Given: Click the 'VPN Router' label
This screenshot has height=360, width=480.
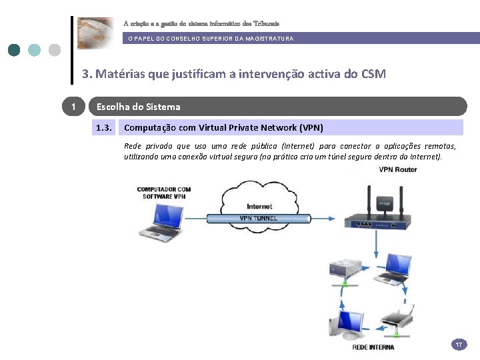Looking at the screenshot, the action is pos(398,169).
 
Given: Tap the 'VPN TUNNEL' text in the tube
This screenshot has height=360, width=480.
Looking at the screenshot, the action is pos(259,218).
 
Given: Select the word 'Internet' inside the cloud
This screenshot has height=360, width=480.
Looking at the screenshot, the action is pos(259,206).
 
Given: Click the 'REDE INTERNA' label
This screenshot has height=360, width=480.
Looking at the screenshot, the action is pos(373,347).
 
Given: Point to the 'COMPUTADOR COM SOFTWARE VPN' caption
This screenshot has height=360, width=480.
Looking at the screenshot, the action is pos(164,193).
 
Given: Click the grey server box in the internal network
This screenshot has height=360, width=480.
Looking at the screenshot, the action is pos(345,269).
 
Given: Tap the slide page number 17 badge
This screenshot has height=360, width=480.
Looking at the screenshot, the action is pos(459,345).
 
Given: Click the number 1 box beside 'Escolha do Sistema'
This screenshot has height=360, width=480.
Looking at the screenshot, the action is pos(73,107).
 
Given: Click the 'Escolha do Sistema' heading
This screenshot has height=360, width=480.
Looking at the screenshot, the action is pos(139,107).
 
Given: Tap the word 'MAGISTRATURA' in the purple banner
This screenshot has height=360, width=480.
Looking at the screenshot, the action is pos(271,39).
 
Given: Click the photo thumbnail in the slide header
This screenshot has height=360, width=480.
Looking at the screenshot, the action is pos(95,33).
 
